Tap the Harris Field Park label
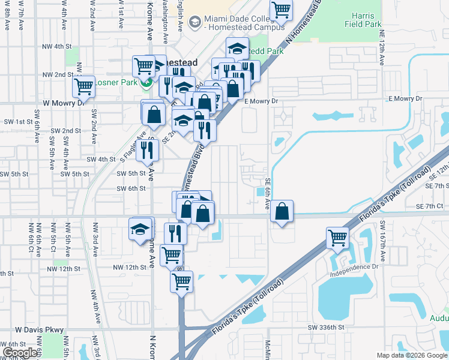click(363, 20)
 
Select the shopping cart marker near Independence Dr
click(338, 238)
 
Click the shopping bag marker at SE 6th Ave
click(282, 211)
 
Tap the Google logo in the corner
click(20, 353)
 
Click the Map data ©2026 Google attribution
click(412, 355)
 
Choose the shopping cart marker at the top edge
click(280, 10)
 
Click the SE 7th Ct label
click(429, 206)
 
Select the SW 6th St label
click(131, 188)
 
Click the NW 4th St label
click(58, 46)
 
